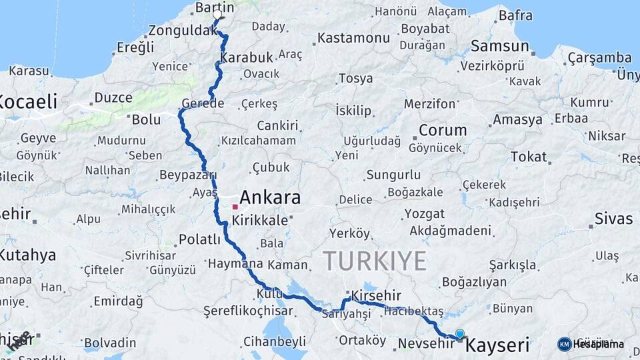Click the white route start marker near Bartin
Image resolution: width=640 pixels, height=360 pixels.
tap(217, 14)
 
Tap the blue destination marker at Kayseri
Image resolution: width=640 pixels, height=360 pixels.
tap(459, 334)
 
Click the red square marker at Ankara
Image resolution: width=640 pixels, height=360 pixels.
tap(235, 207)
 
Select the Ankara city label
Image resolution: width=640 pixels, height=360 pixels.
tap(269, 197)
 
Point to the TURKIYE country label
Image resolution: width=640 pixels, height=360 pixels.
tap(375, 261)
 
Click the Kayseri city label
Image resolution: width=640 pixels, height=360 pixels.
tap(497, 345)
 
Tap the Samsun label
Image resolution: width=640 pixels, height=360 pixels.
tap(499, 46)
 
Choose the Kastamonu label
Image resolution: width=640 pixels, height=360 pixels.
tap(353, 38)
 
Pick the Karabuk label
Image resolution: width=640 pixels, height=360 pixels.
tap(247, 57)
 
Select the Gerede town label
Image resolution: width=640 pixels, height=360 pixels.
tap(202, 103)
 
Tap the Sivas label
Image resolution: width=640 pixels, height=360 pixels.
tap(613, 219)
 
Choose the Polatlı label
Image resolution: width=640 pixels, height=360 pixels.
tap(199, 239)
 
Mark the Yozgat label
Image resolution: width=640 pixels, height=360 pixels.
tap(424, 214)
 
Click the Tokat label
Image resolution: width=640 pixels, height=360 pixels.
tap(528, 157)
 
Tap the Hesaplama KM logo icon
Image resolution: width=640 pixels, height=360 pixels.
tap(565, 344)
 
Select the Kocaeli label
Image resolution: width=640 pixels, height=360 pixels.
tap(28, 102)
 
